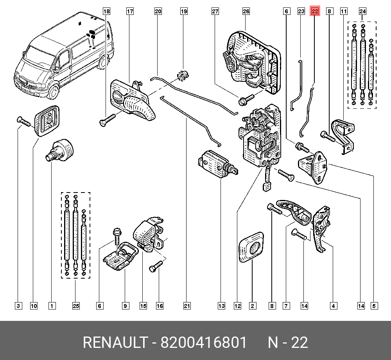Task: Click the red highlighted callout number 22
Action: pos(315,11)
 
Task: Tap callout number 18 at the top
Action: pos(107,11)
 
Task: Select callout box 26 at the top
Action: pos(246,11)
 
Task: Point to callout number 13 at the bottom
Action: pos(222,306)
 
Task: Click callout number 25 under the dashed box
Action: pos(76,306)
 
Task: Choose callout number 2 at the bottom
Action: pos(253,306)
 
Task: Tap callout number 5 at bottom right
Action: pos(375,306)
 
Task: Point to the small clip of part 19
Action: pos(182,75)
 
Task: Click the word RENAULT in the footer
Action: pos(114,343)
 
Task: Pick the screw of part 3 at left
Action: pos(23,122)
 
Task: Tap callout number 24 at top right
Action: pos(362,11)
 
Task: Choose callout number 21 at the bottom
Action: pos(187,306)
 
